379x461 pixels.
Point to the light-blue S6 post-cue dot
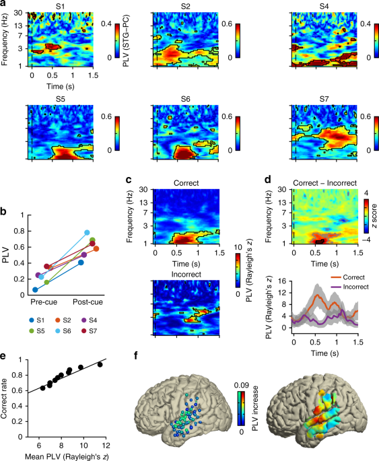[x=88, y=233]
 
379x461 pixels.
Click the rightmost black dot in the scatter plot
[x=100, y=364]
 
